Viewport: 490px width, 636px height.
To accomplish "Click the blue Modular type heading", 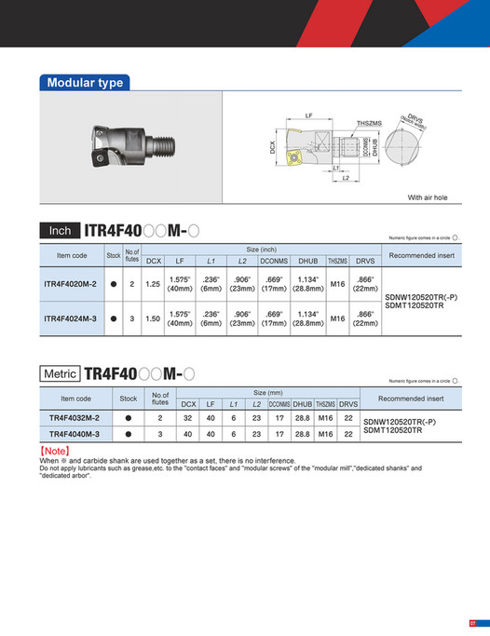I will [x=86, y=83].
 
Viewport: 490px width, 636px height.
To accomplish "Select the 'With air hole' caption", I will [x=428, y=198].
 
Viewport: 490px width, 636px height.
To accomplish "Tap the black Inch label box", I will [x=60, y=230].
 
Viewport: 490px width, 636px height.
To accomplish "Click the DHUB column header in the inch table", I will [x=308, y=261].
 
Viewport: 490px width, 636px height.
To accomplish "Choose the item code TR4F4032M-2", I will [x=74, y=418].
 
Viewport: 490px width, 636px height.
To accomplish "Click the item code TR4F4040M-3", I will [x=74, y=433].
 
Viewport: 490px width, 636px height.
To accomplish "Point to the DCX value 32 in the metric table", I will [x=189, y=418].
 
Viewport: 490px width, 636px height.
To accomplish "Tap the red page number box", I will [x=472, y=623].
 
